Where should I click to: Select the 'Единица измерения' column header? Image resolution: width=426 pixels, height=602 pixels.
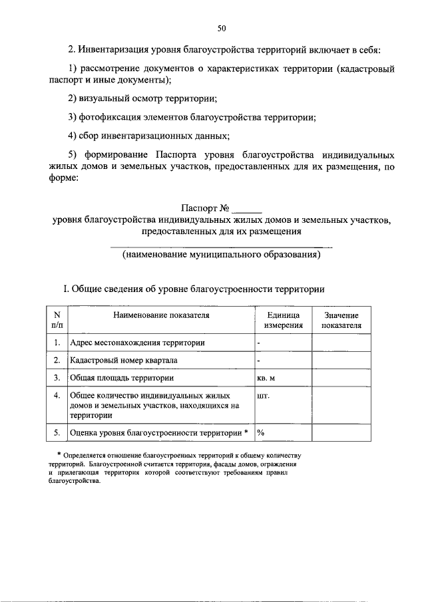click(283, 321)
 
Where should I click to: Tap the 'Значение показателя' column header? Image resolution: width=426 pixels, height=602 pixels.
click(341, 321)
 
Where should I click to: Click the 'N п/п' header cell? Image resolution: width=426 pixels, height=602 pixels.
click(57, 321)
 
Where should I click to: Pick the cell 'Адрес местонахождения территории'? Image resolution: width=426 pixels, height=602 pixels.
click(137, 343)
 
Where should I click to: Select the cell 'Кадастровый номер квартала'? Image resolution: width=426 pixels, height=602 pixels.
click(123, 361)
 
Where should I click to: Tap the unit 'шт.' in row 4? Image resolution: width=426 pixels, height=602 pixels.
click(263, 395)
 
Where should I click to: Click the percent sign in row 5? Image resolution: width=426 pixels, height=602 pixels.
click(261, 433)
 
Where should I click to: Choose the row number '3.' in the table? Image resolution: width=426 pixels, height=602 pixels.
click(57, 378)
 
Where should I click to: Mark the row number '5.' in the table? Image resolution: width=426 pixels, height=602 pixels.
click(57, 433)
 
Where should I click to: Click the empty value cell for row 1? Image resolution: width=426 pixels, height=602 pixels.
click(341, 343)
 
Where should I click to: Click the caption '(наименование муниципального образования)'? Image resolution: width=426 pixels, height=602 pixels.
click(222, 255)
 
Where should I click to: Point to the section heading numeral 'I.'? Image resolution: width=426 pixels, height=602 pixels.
click(65, 289)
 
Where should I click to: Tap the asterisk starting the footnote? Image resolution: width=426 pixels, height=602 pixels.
click(59, 454)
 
